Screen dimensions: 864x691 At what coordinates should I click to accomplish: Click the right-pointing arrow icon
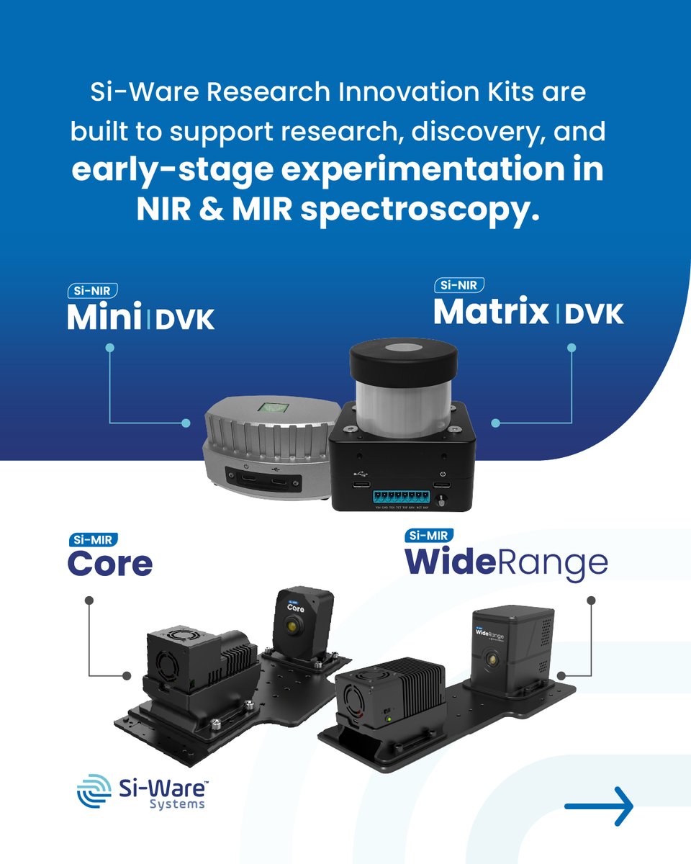(599, 806)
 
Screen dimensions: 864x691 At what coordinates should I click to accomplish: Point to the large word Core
(110, 564)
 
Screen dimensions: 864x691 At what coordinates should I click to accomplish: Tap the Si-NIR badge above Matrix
(459, 286)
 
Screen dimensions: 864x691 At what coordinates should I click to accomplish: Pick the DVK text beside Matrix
(594, 315)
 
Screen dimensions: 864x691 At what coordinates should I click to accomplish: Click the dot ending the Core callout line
(127, 675)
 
